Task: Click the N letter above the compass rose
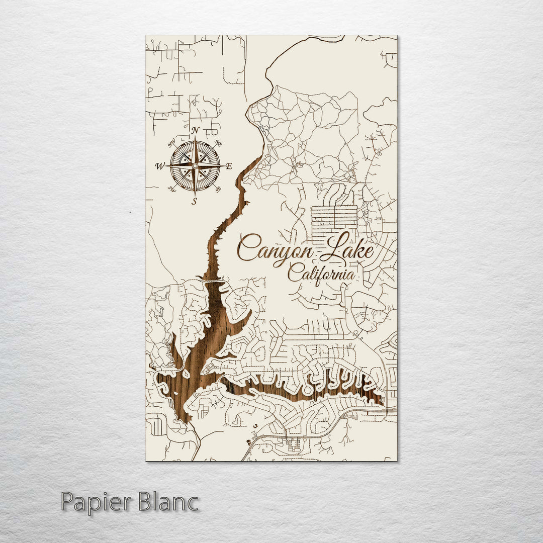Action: pyautogui.click(x=196, y=131)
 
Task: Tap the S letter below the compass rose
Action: pyautogui.click(x=195, y=202)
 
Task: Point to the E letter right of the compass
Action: pyautogui.click(x=229, y=166)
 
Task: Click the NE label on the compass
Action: pyautogui.click(x=218, y=143)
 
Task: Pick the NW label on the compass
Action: pyautogui.click(x=171, y=142)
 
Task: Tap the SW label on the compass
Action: pyautogui.click(x=171, y=189)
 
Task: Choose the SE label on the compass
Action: pyautogui.click(x=218, y=189)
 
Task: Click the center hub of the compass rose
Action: pyautogui.click(x=195, y=165)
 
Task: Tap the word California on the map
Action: pyautogui.click(x=321, y=275)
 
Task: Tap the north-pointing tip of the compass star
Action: pyautogui.click(x=195, y=139)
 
